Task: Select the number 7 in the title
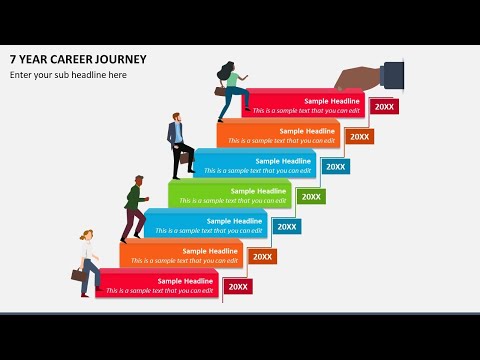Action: click(x=13, y=59)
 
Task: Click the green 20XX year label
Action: click(x=311, y=197)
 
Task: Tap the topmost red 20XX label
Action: click(x=383, y=106)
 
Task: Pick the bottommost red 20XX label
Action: click(x=238, y=287)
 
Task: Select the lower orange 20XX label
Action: click(x=263, y=257)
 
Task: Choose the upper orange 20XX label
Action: click(x=359, y=136)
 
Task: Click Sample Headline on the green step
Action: click(x=258, y=191)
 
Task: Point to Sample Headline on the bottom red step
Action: click(x=186, y=281)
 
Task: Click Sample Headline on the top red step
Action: click(x=331, y=101)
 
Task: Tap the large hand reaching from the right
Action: click(x=362, y=77)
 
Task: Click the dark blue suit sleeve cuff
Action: click(x=392, y=73)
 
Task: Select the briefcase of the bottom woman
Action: click(x=77, y=274)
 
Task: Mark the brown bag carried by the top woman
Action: click(x=221, y=90)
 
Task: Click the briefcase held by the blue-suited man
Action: click(x=186, y=156)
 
